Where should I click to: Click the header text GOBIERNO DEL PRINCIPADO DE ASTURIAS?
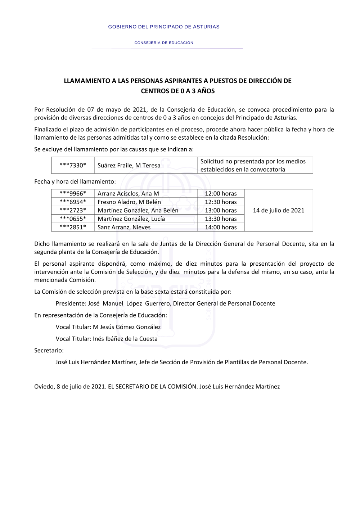(164, 27)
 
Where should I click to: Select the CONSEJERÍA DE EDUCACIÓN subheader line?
(164, 43)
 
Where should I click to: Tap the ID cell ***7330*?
(73, 166)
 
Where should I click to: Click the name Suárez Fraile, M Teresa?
(129, 166)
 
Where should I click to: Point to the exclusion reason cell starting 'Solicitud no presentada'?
(253, 166)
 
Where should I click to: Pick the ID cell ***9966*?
(73, 194)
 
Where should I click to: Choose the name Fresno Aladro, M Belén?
(129, 202)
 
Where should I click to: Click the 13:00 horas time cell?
(221, 211)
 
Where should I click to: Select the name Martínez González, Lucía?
(131, 219)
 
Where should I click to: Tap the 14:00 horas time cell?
(221, 228)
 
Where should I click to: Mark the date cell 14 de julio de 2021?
(279, 211)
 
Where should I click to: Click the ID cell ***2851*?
(73, 228)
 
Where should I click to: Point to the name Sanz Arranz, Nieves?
(124, 228)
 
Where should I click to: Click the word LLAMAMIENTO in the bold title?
(87, 81)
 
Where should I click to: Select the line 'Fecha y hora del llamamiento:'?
(75, 182)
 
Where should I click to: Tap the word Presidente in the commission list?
(71, 304)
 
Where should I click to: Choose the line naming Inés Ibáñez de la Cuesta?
(107, 339)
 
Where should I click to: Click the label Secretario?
(49, 351)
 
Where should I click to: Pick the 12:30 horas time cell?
(221, 202)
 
